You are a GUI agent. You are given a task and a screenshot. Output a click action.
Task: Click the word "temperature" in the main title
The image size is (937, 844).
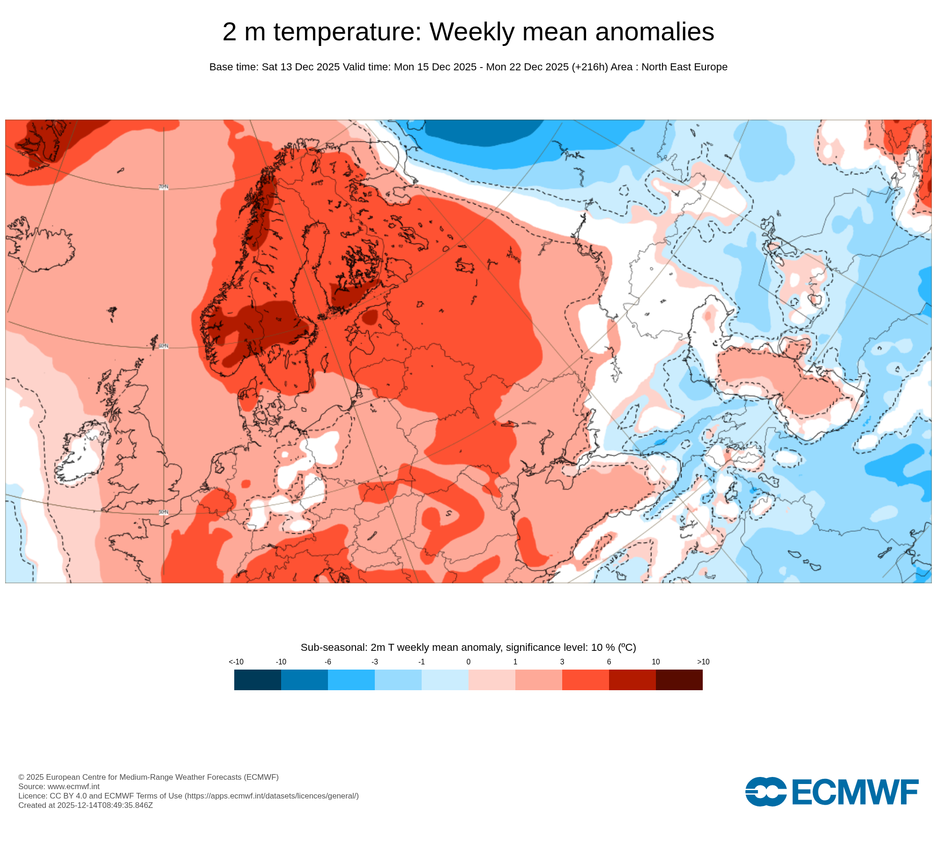(347, 32)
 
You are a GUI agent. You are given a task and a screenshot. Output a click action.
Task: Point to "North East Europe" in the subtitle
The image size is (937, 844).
(684, 67)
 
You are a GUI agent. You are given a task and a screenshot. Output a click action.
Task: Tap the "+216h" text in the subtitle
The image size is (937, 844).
(590, 67)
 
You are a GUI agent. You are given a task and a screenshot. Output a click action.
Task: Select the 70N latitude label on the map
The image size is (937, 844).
(163, 187)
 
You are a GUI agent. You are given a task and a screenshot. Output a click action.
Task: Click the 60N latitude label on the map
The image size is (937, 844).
(163, 346)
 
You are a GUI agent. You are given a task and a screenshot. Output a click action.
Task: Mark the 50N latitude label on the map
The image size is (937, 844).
(163, 512)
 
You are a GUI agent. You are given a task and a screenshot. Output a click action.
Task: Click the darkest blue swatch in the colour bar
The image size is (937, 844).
(257, 679)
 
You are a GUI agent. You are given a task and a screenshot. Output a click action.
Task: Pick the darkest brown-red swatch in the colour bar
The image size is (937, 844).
(679, 679)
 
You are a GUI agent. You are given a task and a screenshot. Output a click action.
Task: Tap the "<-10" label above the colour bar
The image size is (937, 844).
(236, 662)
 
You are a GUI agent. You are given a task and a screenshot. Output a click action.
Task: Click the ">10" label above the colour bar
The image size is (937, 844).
(703, 662)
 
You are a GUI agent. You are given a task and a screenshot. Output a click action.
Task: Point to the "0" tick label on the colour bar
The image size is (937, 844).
(468, 662)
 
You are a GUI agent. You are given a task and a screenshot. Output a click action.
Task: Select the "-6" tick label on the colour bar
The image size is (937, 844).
(327, 662)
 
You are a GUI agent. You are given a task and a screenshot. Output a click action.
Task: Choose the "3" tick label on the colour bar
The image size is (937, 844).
(562, 662)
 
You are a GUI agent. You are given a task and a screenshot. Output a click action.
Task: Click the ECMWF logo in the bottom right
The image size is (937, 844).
(832, 792)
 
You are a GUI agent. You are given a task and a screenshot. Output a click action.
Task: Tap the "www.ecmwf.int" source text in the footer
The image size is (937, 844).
(74, 786)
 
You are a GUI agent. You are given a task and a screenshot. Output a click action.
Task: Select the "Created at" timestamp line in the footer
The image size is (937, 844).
(85, 805)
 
